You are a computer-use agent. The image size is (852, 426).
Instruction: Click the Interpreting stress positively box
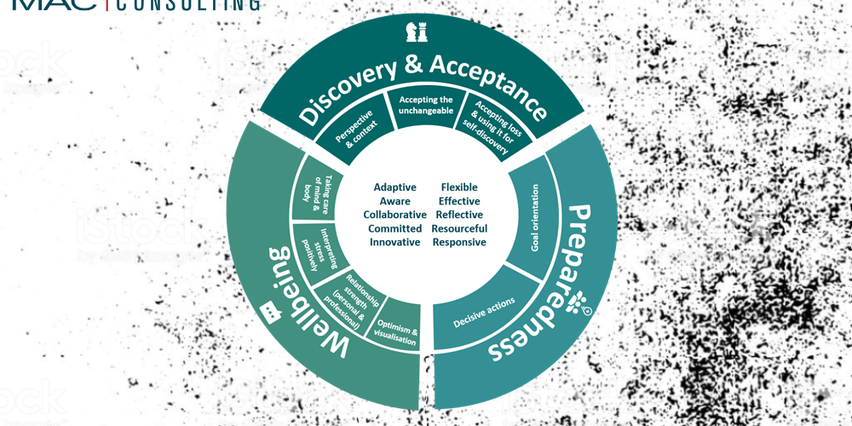(x=310, y=249)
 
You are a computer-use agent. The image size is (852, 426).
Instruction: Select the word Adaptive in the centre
(x=395, y=187)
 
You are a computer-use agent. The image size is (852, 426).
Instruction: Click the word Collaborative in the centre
(x=394, y=215)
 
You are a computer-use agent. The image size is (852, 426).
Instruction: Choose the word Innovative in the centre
(x=394, y=242)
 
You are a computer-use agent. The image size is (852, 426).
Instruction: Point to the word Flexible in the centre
(x=459, y=187)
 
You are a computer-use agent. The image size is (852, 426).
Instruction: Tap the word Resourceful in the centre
(x=459, y=228)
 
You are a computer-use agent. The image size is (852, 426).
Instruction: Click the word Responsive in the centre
(x=459, y=242)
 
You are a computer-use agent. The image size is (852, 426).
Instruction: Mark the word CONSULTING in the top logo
(x=187, y=4)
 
